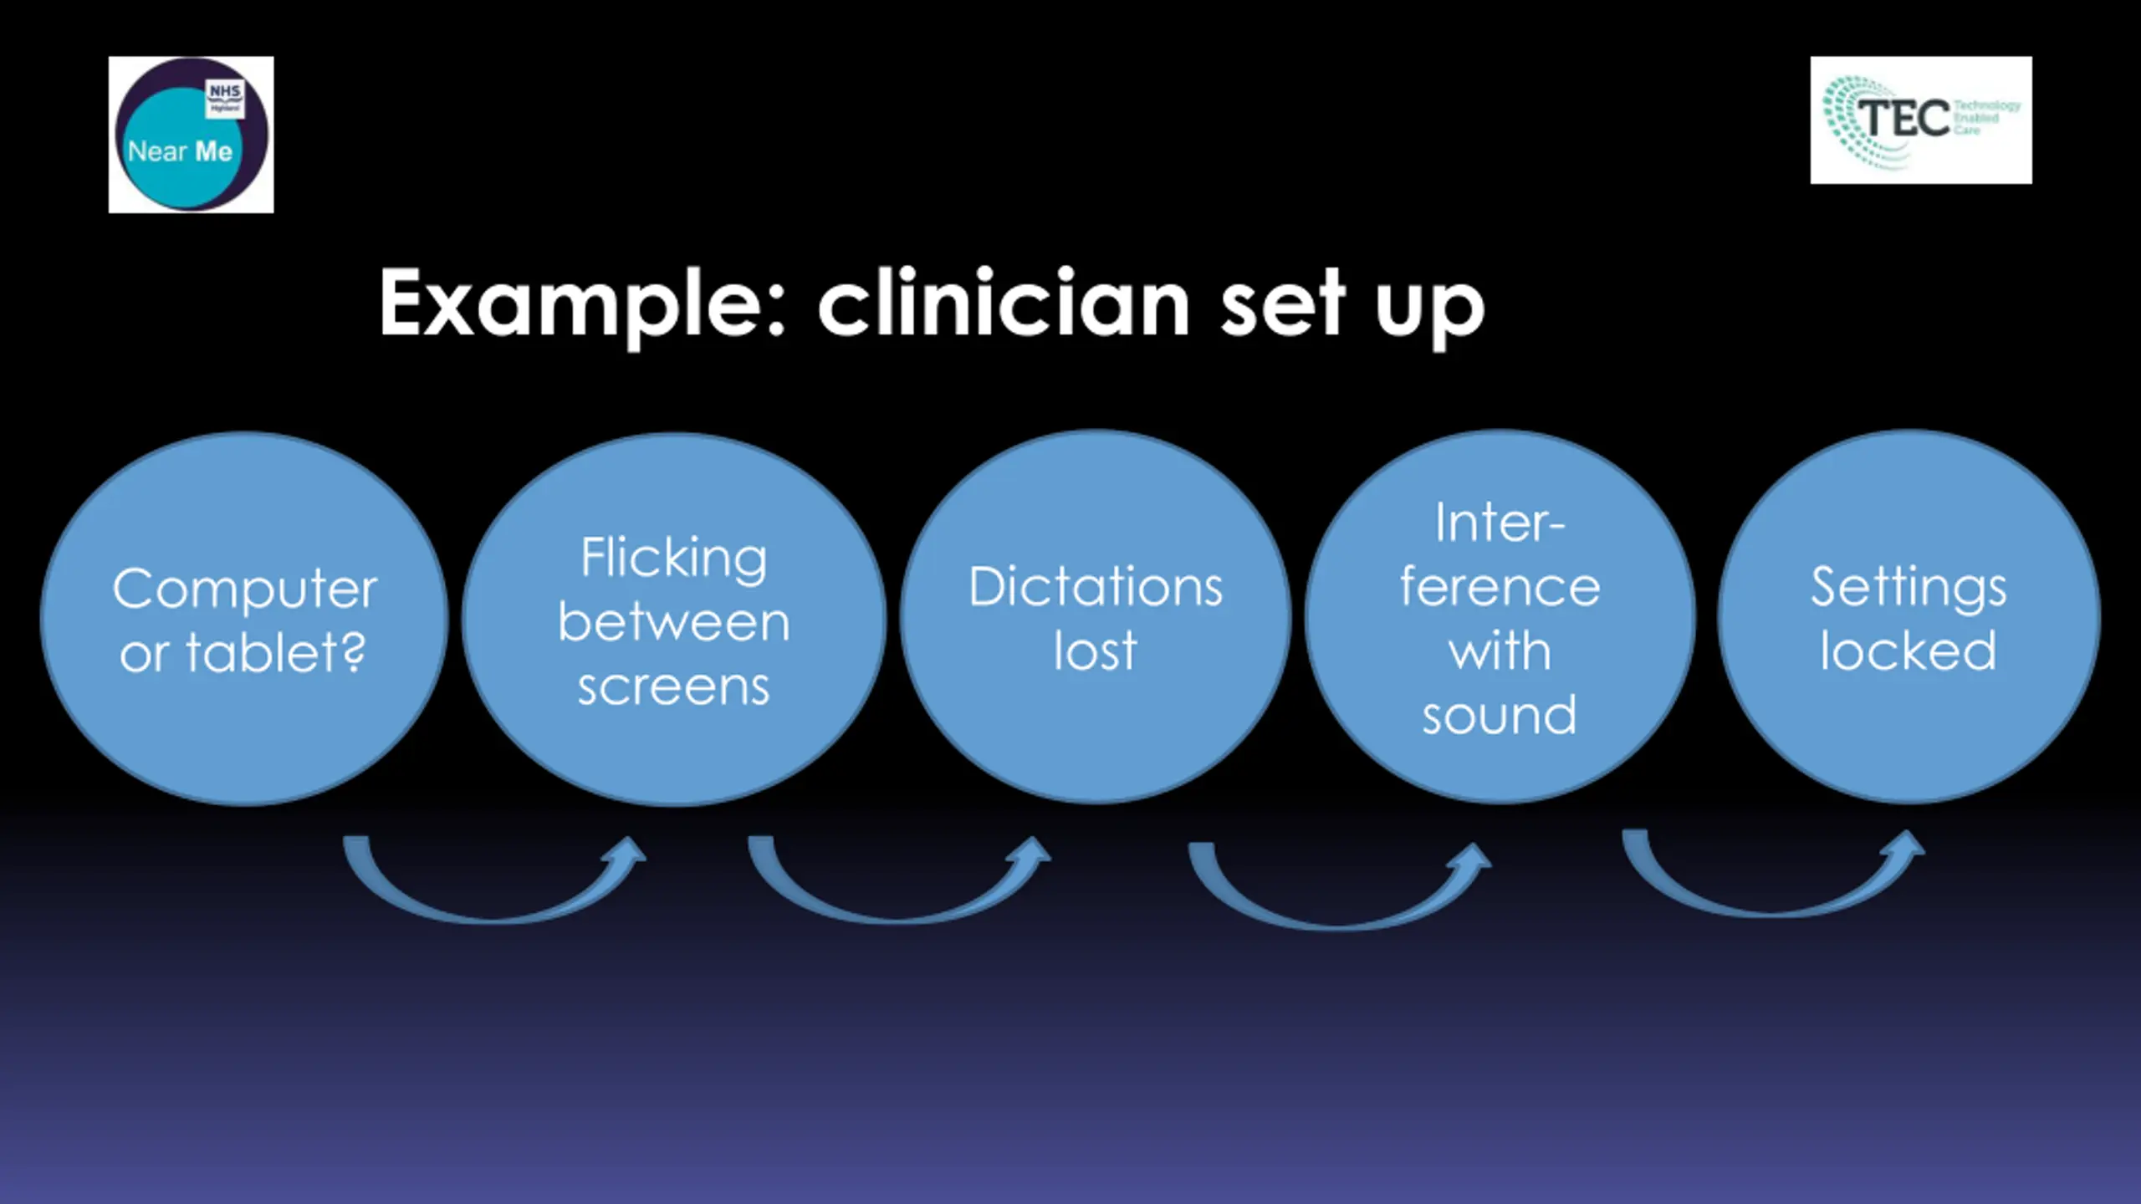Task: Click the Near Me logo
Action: click(x=191, y=135)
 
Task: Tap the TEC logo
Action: click(x=1920, y=120)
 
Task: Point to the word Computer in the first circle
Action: click(x=244, y=589)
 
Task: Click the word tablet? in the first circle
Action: click(x=276, y=652)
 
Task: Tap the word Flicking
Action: click(x=674, y=559)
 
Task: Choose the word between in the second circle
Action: click(x=674, y=622)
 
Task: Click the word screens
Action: click(x=674, y=687)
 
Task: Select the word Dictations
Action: click(x=1096, y=587)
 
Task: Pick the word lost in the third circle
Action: click(x=1096, y=650)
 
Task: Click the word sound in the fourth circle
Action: click(x=1500, y=716)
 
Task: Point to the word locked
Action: click(x=1909, y=650)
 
